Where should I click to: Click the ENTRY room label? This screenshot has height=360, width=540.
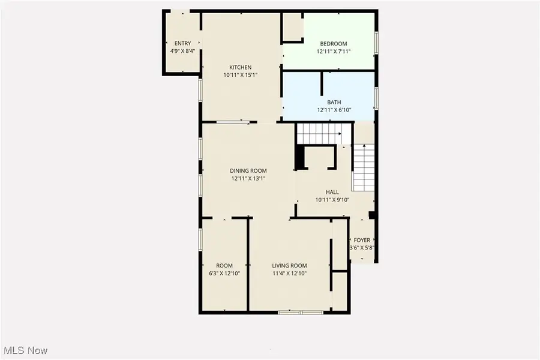pos(182,44)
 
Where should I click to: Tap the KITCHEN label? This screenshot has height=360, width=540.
pos(241,67)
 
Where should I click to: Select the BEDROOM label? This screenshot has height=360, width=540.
pos(334,44)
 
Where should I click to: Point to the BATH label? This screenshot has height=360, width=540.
pos(334,103)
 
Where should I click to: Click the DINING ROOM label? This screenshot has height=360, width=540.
pos(248,171)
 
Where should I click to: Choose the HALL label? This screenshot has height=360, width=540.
pos(332,192)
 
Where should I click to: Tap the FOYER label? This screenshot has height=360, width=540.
pos(362,240)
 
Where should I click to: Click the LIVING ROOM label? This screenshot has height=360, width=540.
pos(289,266)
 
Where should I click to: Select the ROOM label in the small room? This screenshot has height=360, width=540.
pos(224,266)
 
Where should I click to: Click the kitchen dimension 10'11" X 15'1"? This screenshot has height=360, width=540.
pos(241,75)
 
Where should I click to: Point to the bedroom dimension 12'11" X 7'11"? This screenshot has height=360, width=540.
pos(334,52)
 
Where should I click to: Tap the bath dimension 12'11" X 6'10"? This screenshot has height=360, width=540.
pos(334,110)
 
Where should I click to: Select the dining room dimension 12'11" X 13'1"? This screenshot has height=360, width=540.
pos(248,178)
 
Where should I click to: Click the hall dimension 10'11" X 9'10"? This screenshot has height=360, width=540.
pos(332,200)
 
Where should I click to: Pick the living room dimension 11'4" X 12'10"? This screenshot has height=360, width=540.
pos(289,274)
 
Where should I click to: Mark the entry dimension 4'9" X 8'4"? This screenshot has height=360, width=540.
pos(182,52)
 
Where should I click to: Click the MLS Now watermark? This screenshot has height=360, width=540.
pos(25,350)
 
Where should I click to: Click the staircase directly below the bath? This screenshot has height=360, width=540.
pos(320,133)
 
